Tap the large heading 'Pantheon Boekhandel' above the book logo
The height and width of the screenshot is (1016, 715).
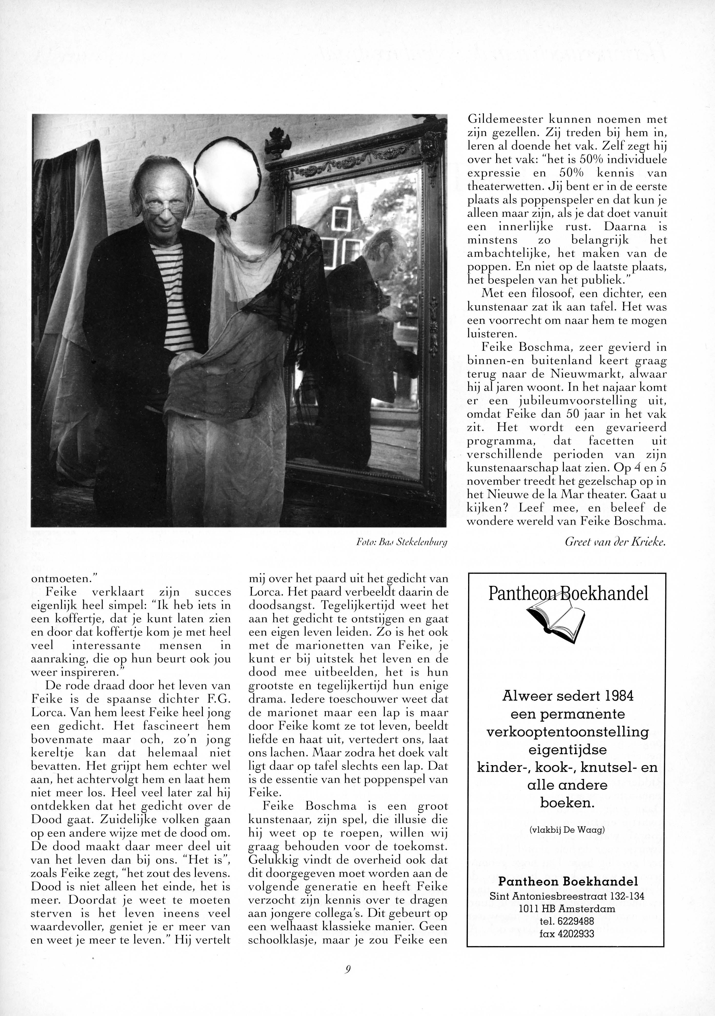[568, 593]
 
